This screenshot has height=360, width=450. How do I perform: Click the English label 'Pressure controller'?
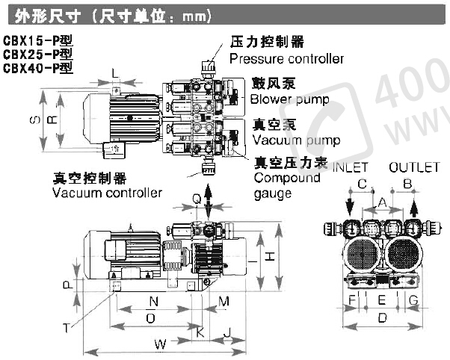coord(286,58)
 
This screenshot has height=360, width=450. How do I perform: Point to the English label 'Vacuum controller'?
coord(107,193)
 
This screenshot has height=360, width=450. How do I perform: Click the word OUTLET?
coord(413,167)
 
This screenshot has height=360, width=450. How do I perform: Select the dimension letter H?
coord(272,256)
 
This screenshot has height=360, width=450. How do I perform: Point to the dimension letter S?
coord(33,120)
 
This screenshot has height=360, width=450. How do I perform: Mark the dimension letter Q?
coord(196,199)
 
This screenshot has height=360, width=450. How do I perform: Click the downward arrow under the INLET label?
coord(349,204)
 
